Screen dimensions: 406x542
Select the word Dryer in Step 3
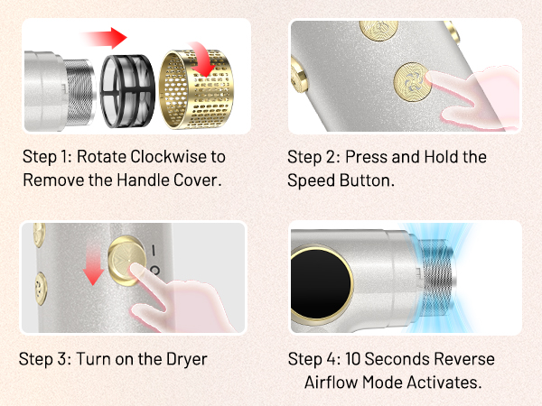tap(184, 358)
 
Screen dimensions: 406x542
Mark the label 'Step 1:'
tap(42, 157)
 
